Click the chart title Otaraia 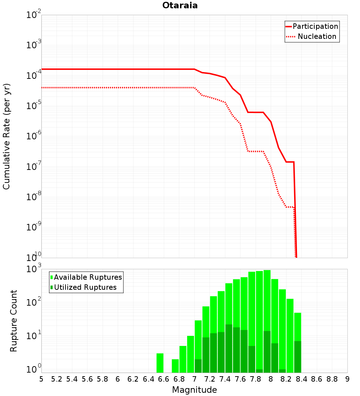tap(180, 5)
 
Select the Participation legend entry tap(312, 26)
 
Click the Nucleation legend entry tap(311, 36)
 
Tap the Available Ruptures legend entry tap(86, 277)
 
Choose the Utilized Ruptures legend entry tap(84, 287)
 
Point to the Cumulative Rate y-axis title tap(6, 137)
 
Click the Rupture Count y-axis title tap(13, 321)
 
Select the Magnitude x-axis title tap(194, 390)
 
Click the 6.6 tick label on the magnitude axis tap(164, 379)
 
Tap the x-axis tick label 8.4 tap(302, 379)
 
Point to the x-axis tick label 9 tap(347, 379)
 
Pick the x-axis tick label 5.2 tap(57, 379)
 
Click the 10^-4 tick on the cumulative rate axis tap(33, 75)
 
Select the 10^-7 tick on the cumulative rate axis tap(33, 166)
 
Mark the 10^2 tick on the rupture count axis tap(33, 302)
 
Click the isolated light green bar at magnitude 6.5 tap(160, 363)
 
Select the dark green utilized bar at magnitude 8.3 tap(298, 357)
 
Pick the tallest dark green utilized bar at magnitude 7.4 tap(229, 348)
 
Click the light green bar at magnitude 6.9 tap(190, 354)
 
